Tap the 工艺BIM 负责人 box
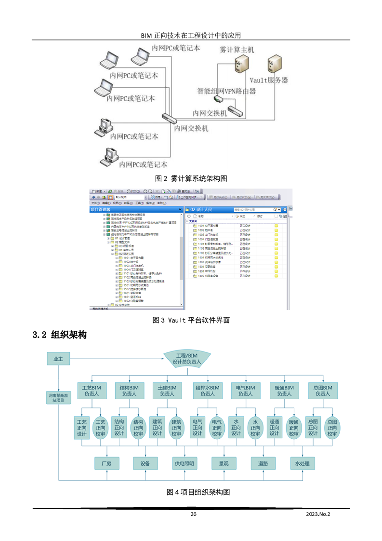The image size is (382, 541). pyautogui.click(x=92, y=391)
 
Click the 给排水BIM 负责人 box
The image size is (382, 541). pyautogui.click(x=207, y=391)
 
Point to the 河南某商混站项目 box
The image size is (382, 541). pyautogui.click(x=58, y=397)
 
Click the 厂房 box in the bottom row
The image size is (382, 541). pyautogui.click(x=106, y=463)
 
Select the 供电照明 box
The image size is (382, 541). pyautogui.click(x=184, y=463)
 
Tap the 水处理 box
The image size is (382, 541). pyautogui.click(x=302, y=463)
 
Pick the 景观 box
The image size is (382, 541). pyautogui.click(x=224, y=463)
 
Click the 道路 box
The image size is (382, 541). pyautogui.click(x=263, y=463)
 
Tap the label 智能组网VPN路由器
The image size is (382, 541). pyautogui.click(x=226, y=91)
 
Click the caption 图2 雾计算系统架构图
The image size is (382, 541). pyautogui.click(x=191, y=178)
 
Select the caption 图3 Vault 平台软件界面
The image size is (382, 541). pyautogui.click(x=191, y=320)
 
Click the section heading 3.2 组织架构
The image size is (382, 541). pyautogui.click(x=59, y=335)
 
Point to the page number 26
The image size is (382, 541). pyautogui.click(x=193, y=514)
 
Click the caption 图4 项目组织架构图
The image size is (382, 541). pyautogui.click(x=198, y=492)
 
